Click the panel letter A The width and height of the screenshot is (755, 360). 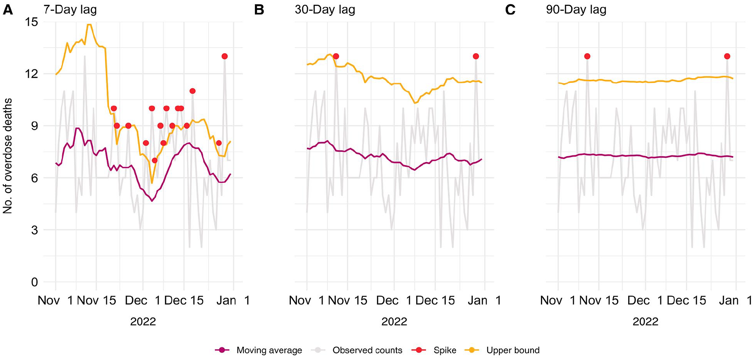8,10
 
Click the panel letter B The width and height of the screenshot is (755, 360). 259,10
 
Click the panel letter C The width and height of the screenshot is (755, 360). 510,10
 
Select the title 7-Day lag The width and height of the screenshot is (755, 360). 70,10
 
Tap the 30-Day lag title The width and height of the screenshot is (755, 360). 325,10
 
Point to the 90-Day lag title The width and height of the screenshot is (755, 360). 576,10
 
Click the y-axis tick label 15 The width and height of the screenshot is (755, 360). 31,22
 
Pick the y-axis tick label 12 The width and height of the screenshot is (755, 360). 31,74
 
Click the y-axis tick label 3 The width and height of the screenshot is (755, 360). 34,230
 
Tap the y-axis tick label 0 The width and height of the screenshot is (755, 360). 34,282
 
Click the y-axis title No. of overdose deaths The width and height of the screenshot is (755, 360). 8,156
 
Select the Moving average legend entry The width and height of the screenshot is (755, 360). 258,350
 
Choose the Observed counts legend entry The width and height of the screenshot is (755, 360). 357,350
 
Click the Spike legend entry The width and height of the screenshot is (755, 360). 434,350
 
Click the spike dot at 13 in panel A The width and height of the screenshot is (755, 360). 225,56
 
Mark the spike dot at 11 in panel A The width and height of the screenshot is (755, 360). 193,91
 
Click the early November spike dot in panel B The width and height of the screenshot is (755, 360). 336,56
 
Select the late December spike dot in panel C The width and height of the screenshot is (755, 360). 727,56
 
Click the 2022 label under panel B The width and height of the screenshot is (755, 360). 394,322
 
